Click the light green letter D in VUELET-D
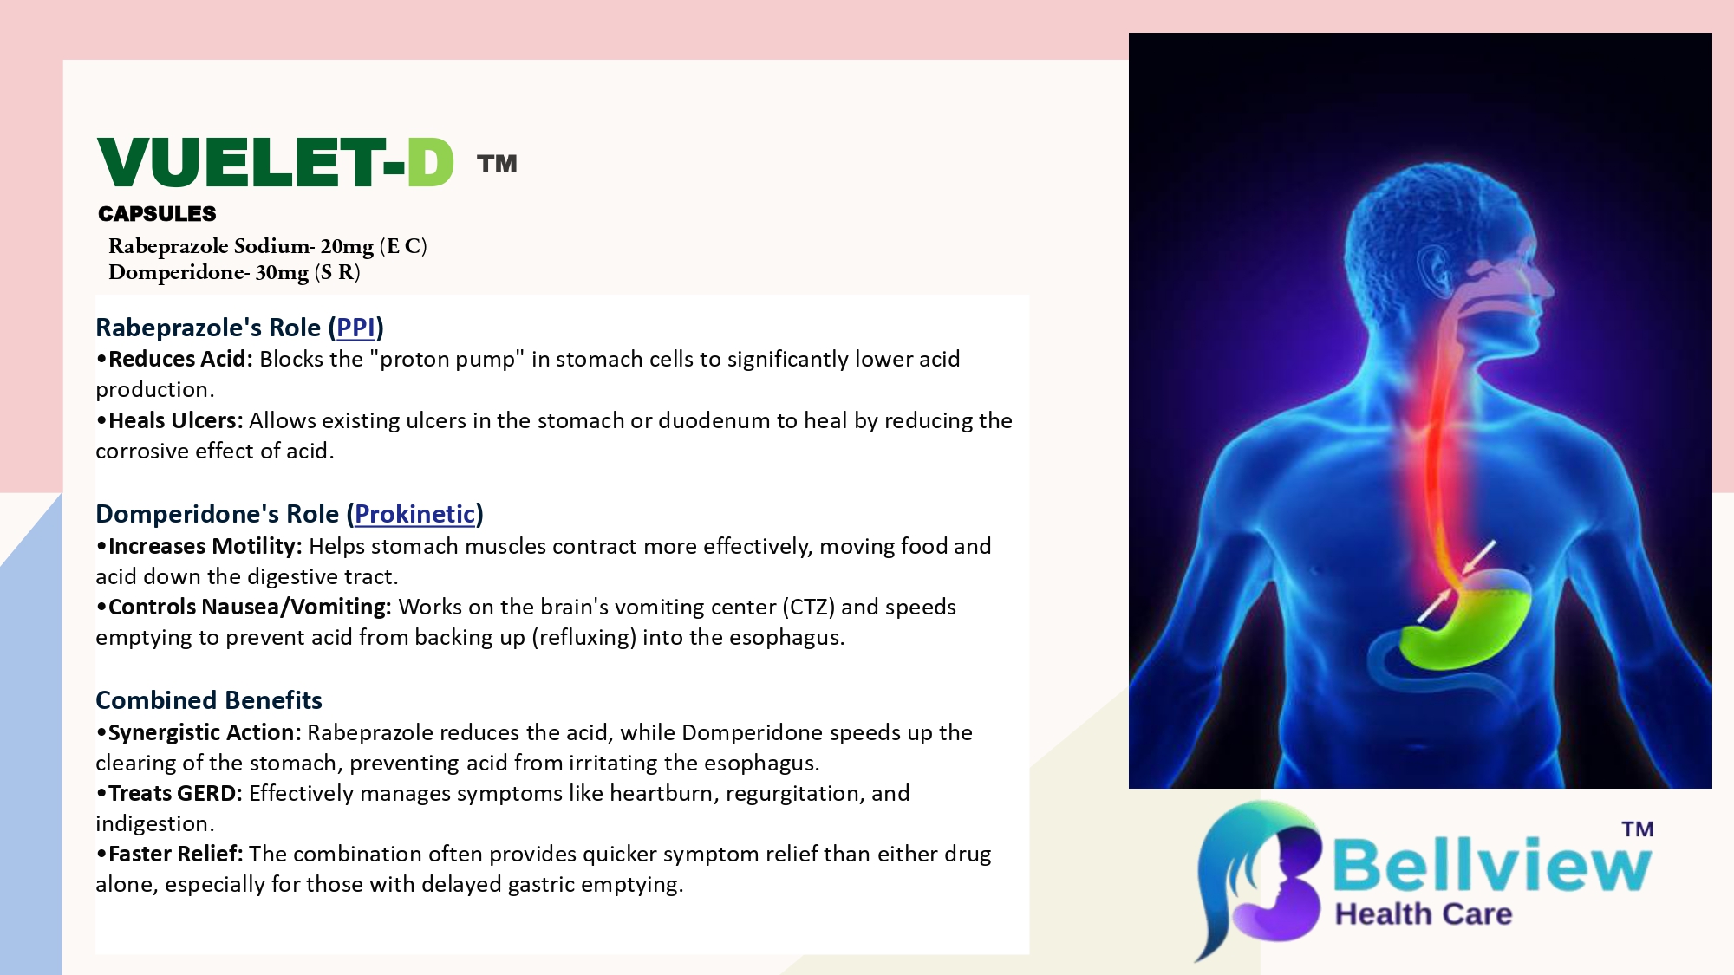[430, 162]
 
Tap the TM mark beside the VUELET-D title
[497, 164]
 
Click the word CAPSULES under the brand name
[157, 213]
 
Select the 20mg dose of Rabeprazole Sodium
[347, 246]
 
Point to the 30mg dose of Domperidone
[282, 272]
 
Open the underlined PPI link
[355, 328]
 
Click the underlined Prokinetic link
[415, 514]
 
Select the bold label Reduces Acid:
[180, 359]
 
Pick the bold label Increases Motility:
[205, 546]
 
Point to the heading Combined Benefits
[209, 700]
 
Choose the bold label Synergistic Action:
[205, 732]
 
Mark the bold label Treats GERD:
[176, 793]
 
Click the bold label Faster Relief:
[176, 854]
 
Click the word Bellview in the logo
[1491, 864]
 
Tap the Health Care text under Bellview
[1424, 914]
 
